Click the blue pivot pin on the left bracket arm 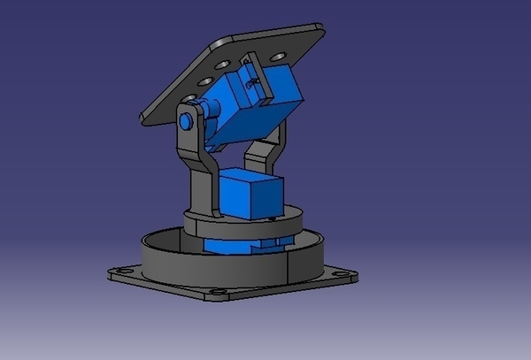coord(187,119)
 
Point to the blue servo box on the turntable coord(248,193)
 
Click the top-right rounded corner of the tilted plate coord(317,32)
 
